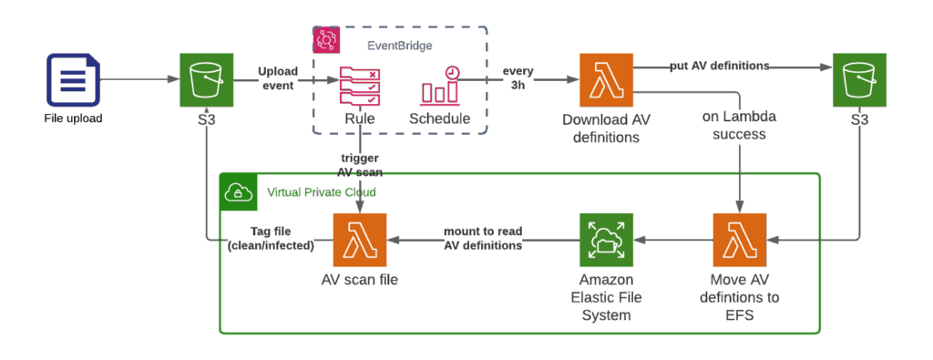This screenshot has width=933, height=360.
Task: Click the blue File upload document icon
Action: click(72, 80)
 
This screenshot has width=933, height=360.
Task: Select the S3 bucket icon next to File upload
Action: click(207, 80)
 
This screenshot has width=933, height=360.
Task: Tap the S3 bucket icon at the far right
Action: click(859, 80)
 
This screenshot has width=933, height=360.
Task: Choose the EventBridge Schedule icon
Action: click(440, 86)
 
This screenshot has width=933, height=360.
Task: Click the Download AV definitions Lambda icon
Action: click(605, 80)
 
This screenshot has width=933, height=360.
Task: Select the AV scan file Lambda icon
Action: click(361, 240)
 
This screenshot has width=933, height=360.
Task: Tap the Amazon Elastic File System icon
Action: click(605, 240)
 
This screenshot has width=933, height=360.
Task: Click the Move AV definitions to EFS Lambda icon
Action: click(739, 240)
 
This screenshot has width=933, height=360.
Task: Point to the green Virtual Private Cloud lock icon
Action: click(239, 192)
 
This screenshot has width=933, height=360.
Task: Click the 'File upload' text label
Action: click(72, 118)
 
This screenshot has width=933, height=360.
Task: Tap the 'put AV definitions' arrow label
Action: click(720, 67)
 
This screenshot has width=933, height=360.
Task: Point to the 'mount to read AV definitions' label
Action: click(482, 239)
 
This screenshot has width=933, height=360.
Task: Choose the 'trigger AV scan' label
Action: click(362, 165)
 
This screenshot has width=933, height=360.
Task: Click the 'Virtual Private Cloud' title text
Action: click(321, 192)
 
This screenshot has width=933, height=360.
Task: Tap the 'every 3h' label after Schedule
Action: click(517, 78)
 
